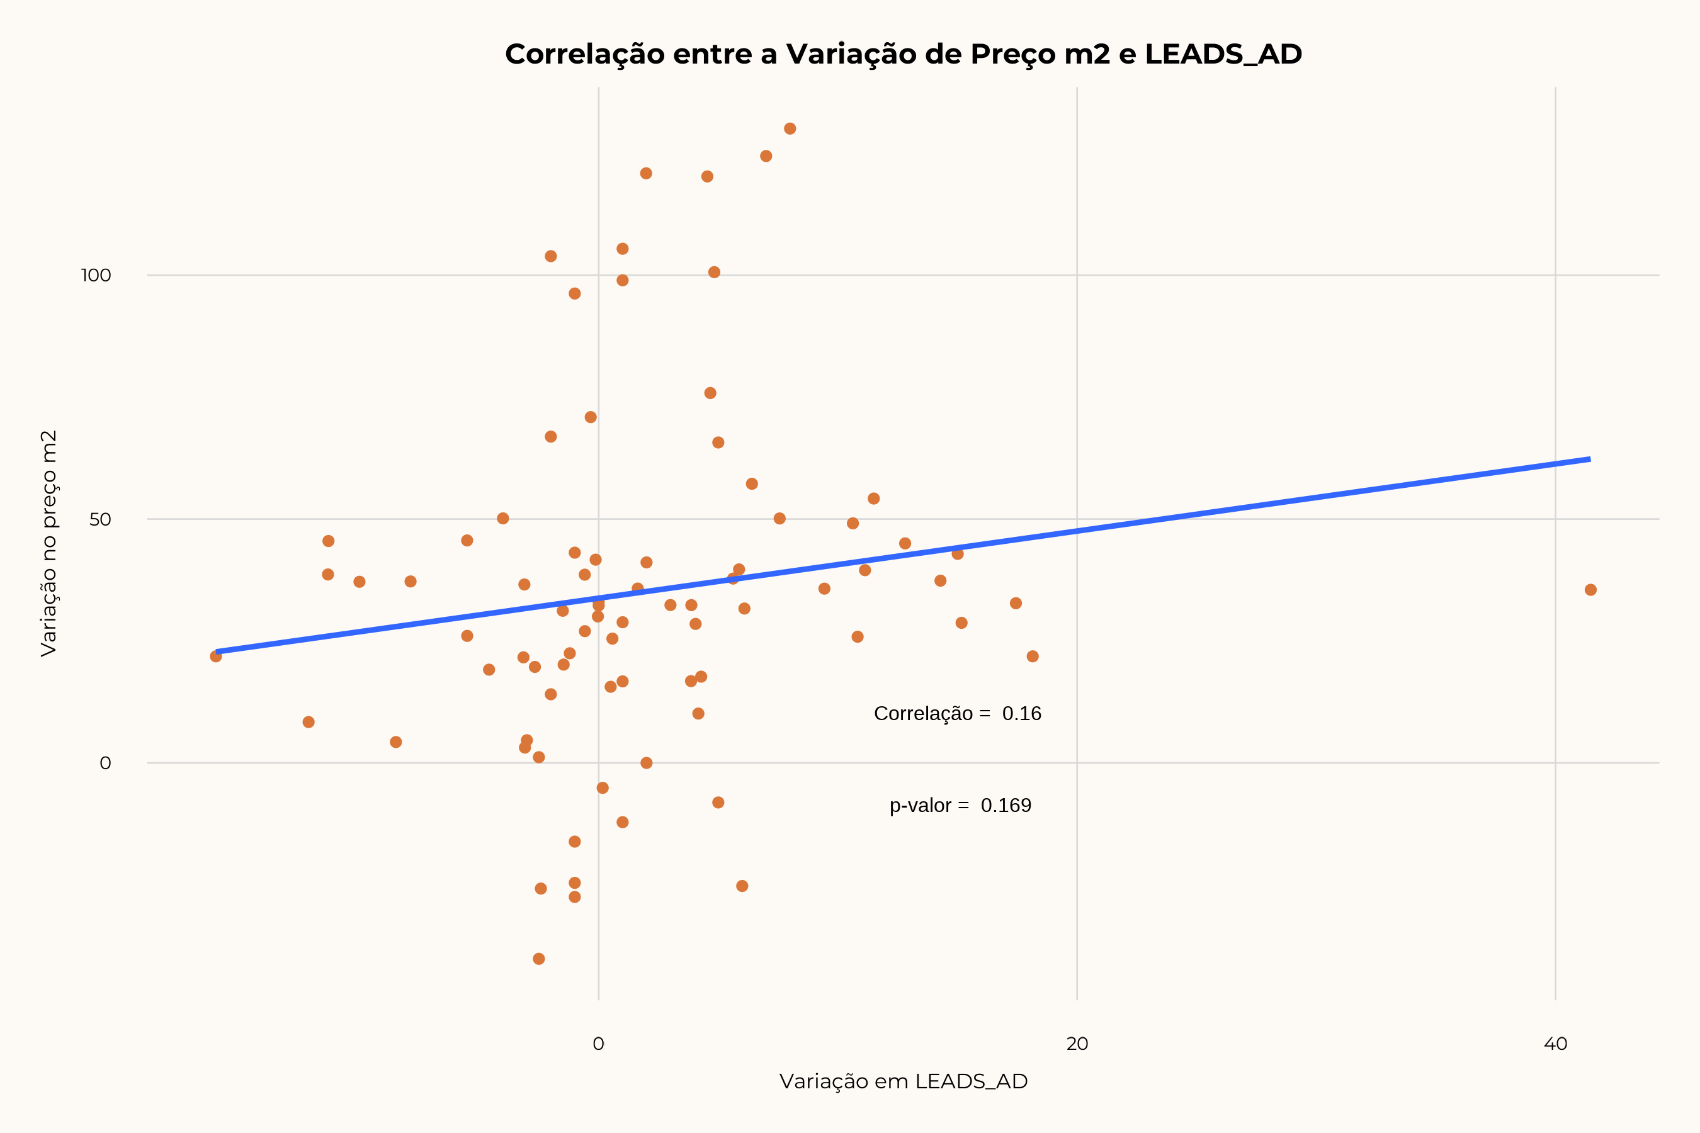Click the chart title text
coord(903,54)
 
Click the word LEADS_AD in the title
coord(1223,55)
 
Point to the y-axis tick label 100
coord(96,275)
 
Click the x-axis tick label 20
coord(1077,1044)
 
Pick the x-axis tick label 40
coord(1555,1044)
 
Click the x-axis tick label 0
coord(599,1044)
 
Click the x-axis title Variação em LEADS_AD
coord(903,1081)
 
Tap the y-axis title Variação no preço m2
coord(48,543)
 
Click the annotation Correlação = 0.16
coord(957,714)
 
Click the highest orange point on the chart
coord(790,128)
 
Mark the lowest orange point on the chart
coord(538,959)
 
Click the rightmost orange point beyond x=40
coord(1590,590)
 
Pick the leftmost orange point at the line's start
coord(215,656)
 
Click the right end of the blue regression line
coord(1589,459)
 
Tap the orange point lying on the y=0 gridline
coord(646,763)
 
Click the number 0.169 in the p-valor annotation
coord(1006,806)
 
